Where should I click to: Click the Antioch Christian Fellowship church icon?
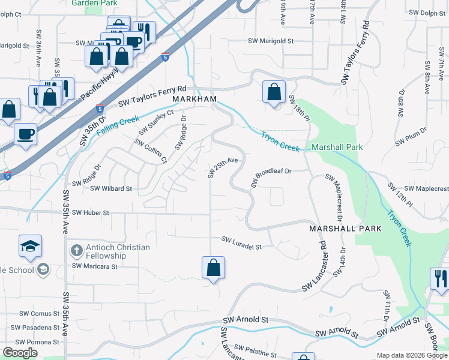(x=76, y=250)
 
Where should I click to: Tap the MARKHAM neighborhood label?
(x=194, y=98)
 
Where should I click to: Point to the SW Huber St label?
(x=91, y=213)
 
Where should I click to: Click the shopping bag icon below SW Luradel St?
(x=213, y=268)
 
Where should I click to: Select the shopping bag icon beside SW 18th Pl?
(x=274, y=92)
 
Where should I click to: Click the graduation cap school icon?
(x=30, y=245)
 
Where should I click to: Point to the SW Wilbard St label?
(x=111, y=188)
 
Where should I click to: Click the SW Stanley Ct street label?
(x=155, y=123)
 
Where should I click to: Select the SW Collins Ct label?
(x=150, y=151)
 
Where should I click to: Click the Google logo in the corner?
(x=20, y=353)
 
